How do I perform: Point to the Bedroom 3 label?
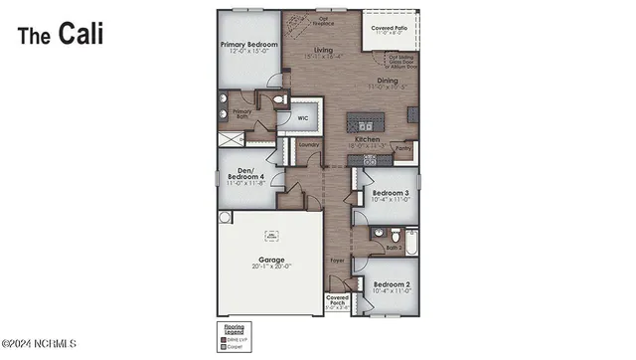point(391,193)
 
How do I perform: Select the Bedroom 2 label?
point(391,284)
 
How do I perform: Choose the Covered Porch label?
point(337,301)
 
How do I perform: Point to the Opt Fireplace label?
point(324,19)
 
